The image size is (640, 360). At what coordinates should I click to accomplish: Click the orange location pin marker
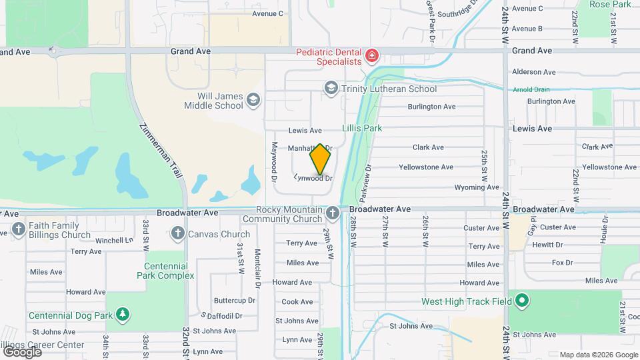pyautogui.click(x=320, y=159)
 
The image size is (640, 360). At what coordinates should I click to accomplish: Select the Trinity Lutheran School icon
pyautogui.click(x=331, y=88)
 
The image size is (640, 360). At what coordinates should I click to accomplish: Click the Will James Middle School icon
pyautogui.click(x=253, y=100)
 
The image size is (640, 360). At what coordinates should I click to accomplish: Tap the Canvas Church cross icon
pyautogui.click(x=177, y=233)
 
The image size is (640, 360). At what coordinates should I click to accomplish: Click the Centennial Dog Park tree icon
pyautogui.click(x=122, y=314)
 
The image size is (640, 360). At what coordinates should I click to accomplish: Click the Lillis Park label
pyautogui.click(x=361, y=128)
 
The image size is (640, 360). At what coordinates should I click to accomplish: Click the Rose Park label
pyautogui.click(x=610, y=5)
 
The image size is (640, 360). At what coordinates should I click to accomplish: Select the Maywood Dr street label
pyautogui.click(x=273, y=162)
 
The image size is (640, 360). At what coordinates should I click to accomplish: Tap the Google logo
pyautogui.click(x=22, y=351)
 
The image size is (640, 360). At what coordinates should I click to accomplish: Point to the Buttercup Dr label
pyautogui.click(x=235, y=301)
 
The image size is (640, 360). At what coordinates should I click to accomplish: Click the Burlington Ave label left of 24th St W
pyautogui.click(x=431, y=107)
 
